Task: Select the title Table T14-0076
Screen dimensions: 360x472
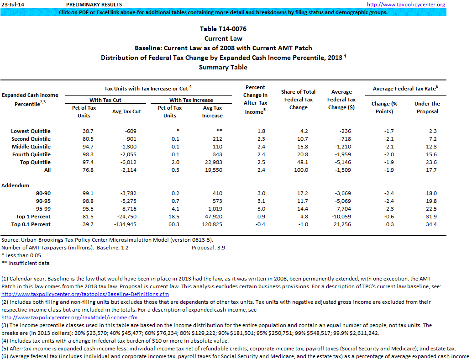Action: tap(223, 29)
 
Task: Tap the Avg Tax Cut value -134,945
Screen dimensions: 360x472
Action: tap(127, 224)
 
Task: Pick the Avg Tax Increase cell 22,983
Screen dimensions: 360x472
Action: tap(212, 162)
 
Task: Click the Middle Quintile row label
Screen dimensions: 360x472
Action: tap(31, 147)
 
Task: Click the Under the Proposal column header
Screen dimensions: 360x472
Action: tap(427, 107)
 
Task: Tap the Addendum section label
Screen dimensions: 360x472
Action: tap(16, 185)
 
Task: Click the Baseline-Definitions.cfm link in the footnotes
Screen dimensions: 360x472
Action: tap(85, 294)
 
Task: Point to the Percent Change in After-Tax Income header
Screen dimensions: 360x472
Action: tap(255, 100)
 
